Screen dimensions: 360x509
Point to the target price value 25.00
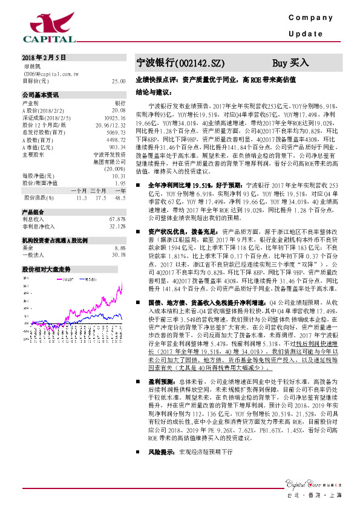pos(119,80)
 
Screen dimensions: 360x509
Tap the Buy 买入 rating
pos(290,62)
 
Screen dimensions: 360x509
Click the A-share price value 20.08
pos(119,111)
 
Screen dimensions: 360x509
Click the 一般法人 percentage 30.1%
pos(119,254)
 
